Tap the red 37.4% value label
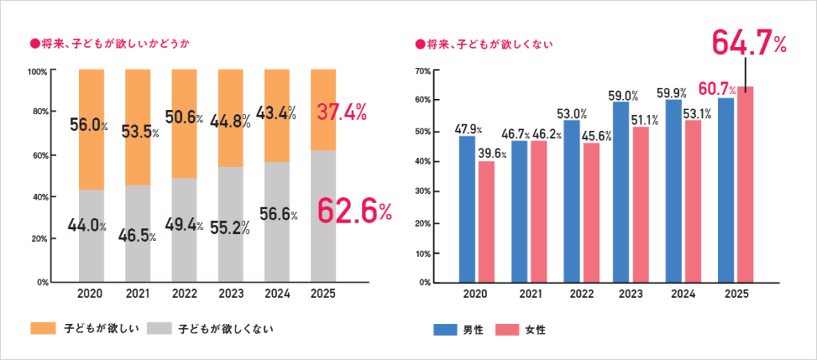341,113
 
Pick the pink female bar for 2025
745,184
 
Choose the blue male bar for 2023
622,192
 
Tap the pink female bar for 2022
591,212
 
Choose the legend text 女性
537,329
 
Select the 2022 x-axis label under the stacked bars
184,294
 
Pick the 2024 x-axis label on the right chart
684,294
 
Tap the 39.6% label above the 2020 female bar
487,154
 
